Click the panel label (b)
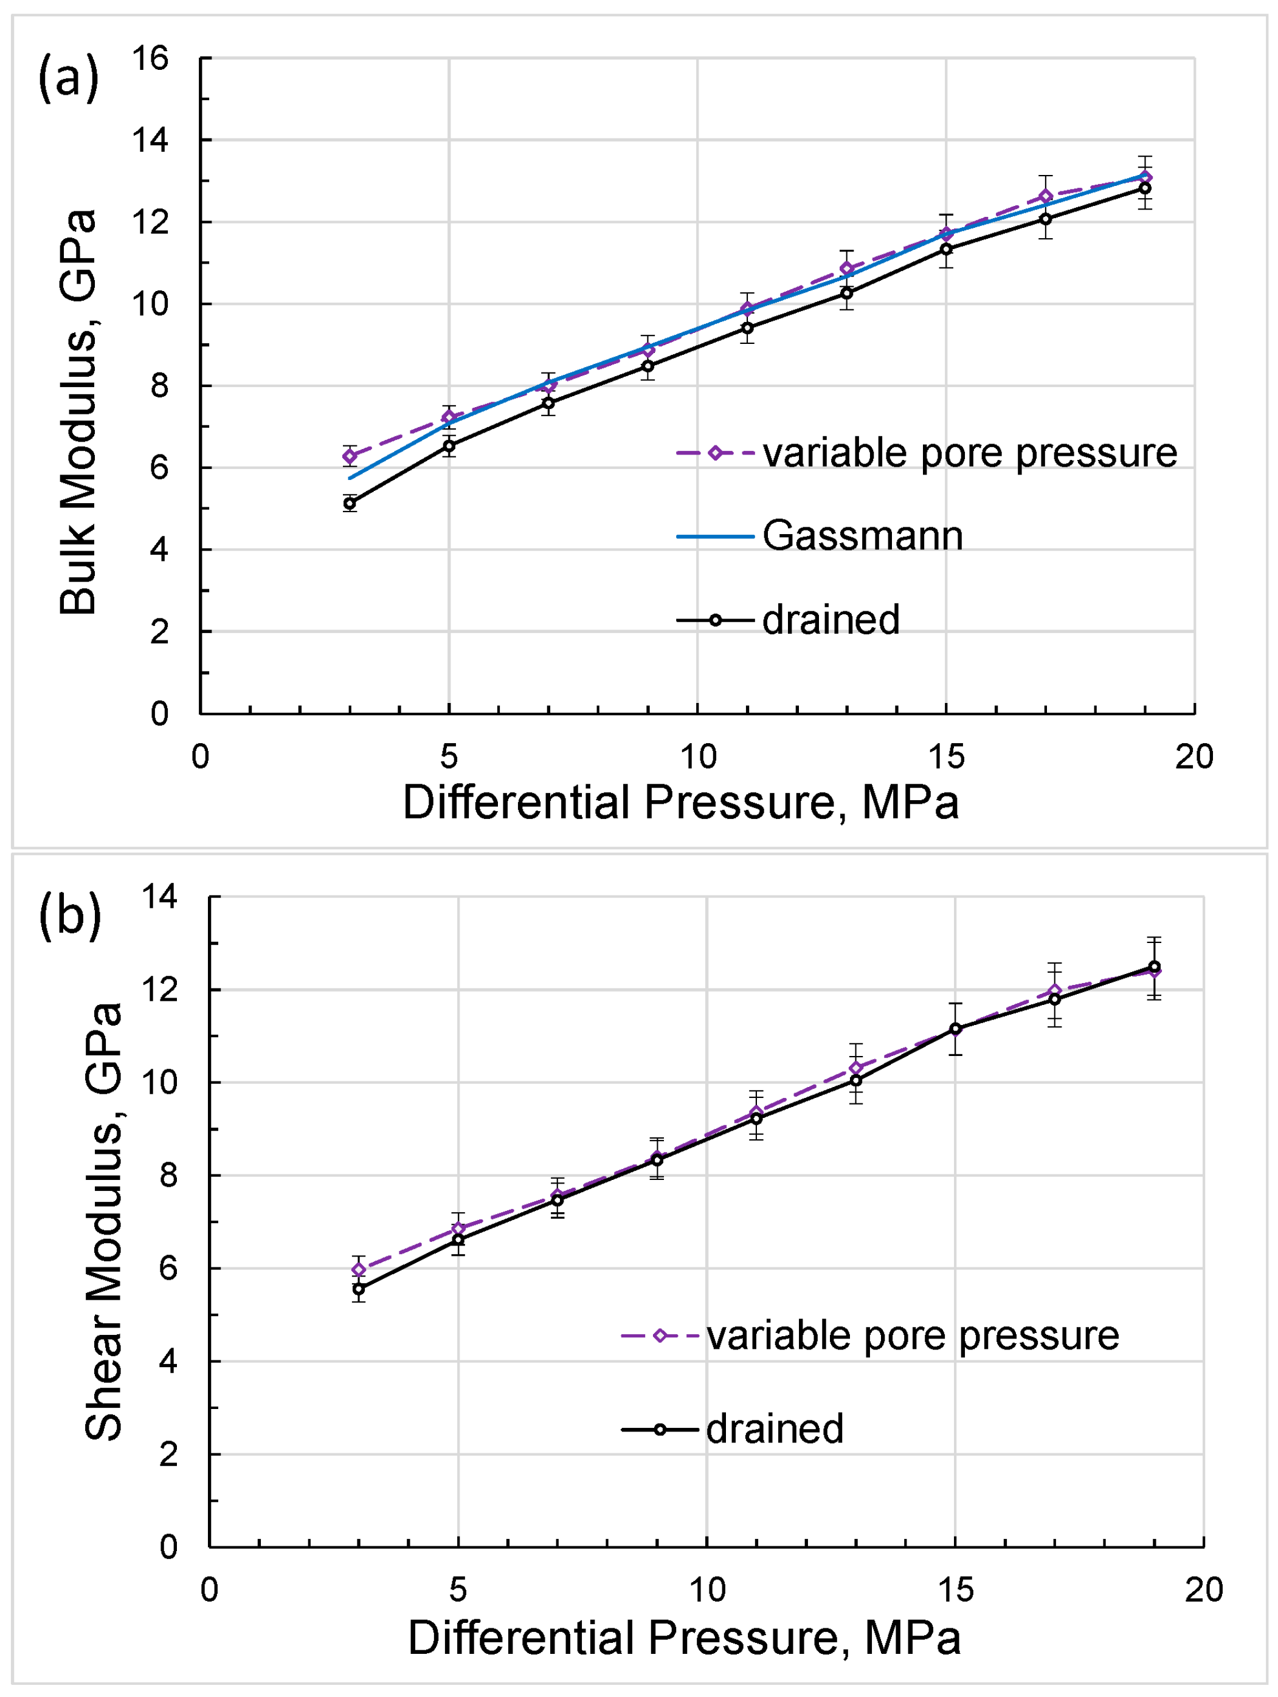tap(70, 914)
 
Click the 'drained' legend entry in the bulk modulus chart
tap(830, 620)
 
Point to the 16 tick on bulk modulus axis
tap(150, 58)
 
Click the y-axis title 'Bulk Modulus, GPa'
tap(78, 412)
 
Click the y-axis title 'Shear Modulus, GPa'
tap(103, 1221)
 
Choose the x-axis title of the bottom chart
tap(684, 1637)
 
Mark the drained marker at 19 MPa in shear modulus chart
tap(1153, 967)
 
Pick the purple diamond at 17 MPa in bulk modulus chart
tap(1045, 196)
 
